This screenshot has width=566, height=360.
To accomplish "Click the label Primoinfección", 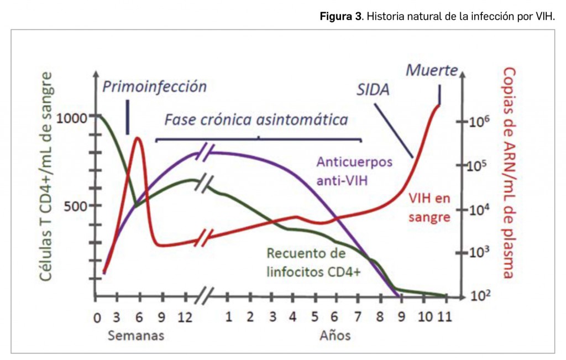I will [x=154, y=87].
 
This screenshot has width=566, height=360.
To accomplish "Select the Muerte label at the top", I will [x=432, y=70].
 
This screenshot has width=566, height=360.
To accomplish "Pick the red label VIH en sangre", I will [x=429, y=207].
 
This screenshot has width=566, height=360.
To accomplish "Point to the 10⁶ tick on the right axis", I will [x=479, y=122].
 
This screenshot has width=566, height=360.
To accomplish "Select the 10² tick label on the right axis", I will [x=479, y=296].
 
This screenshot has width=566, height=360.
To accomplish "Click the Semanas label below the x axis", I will [x=136, y=335].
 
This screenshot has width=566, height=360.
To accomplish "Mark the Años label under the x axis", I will [x=334, y=335].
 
